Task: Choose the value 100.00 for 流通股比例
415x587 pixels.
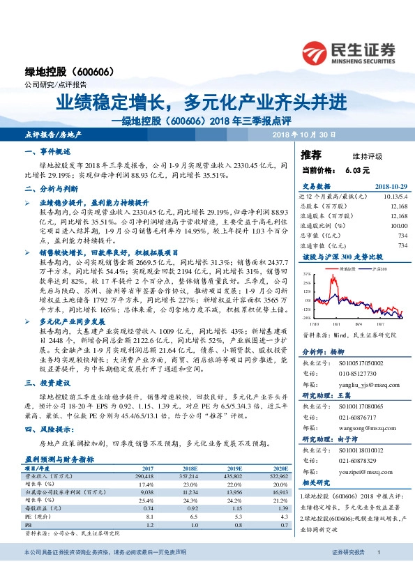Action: click(x=398, y=226)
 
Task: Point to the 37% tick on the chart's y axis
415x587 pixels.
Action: click(x=308, y=275)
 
